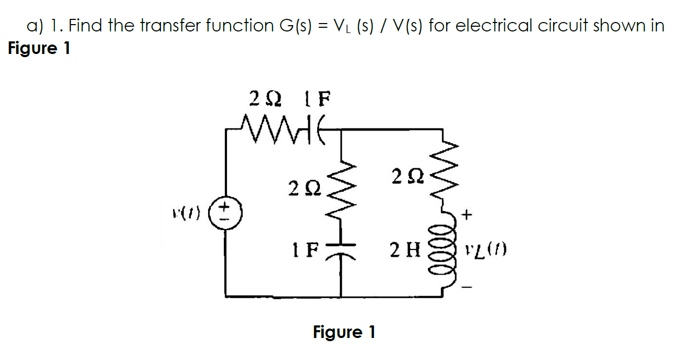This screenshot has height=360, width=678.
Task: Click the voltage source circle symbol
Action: click(227, 214)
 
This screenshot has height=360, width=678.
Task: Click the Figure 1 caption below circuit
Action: click(344, 332)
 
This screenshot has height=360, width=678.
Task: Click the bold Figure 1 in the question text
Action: click(39, 49)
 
